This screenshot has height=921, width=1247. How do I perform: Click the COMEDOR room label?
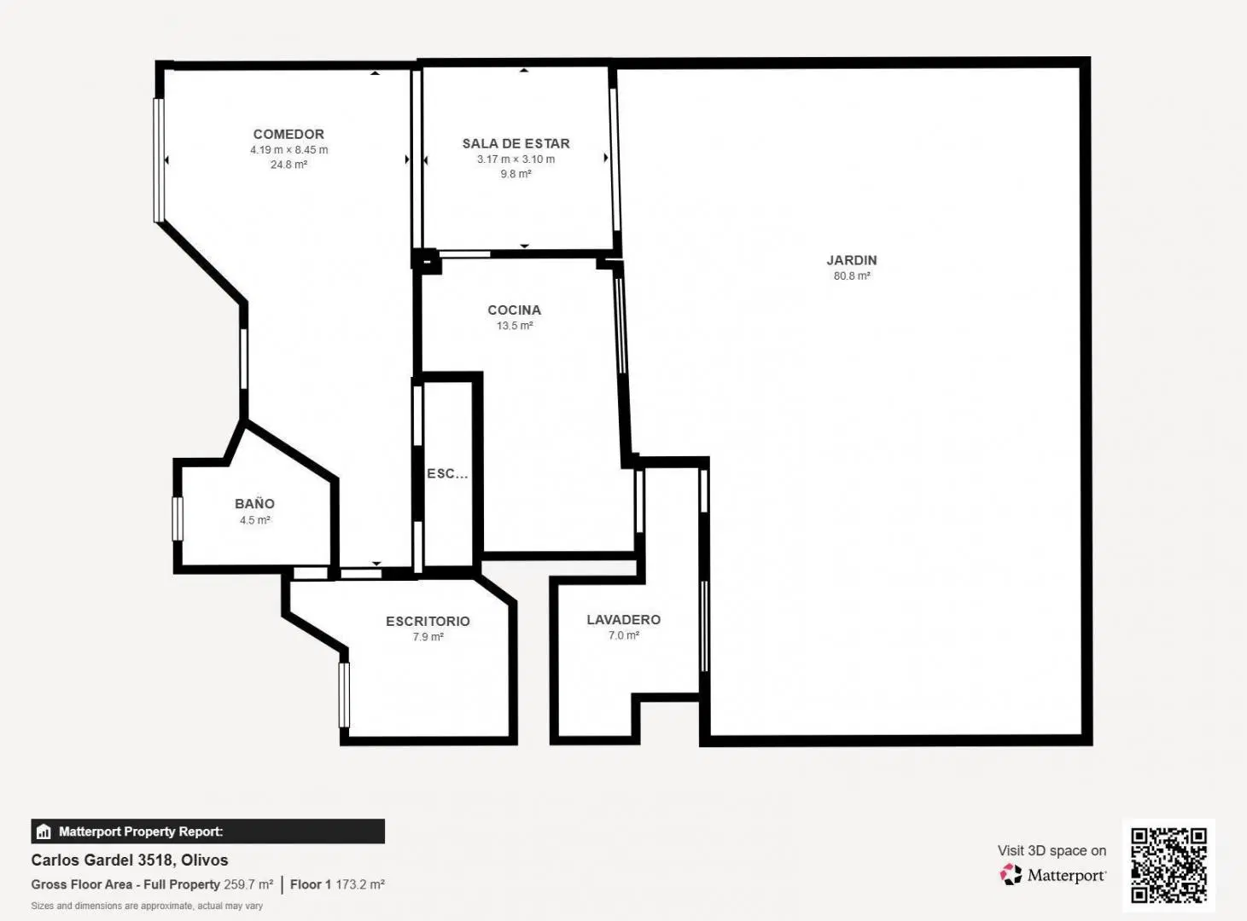[288, 134]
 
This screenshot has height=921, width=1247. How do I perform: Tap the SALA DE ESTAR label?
[516, 144]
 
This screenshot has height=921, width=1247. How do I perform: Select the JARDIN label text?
[852, 260]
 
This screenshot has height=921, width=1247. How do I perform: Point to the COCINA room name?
[515, 310]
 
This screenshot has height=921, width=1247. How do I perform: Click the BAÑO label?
[254, 503]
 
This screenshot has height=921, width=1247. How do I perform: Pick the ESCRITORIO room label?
[428, 621]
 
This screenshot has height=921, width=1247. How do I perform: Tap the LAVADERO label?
[623, 619]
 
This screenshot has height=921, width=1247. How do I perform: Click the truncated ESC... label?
[447, 473]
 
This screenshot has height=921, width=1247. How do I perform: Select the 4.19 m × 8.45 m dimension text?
[289, 150]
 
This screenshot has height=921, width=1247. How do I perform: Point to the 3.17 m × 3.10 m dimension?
[516, 159]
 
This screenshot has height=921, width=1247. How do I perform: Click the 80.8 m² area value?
[852, 275]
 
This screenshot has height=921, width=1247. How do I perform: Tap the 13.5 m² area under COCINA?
[515, 326]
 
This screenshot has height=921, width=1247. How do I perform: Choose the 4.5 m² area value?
[255, 520]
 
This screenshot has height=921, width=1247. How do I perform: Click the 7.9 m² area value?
[428, 637]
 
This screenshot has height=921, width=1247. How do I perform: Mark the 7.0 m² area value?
[623, 635]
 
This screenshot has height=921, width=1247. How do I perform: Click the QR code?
[1168, 866]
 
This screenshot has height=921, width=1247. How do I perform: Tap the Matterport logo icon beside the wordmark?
[1011, 874]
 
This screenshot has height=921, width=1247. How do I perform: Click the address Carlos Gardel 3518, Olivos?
[130, 860]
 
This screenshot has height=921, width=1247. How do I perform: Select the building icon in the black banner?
[44, 831]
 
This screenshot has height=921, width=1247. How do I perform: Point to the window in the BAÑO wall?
[178, 518]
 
